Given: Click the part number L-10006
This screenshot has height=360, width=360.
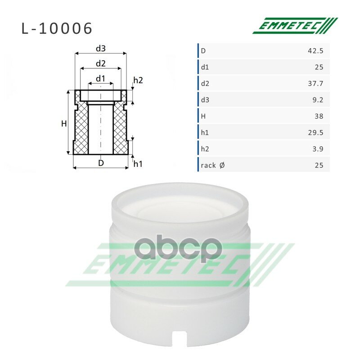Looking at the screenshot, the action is pyautogui.click(x=57, y=28).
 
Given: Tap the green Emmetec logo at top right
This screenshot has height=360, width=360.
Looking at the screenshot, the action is pyautogui.click(x=295, y=26).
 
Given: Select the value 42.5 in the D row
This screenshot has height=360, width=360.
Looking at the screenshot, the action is pyautogui.click(x=315, y=51).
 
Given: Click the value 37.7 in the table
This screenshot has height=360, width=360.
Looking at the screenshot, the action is pyautogui.click(x=315, y=84).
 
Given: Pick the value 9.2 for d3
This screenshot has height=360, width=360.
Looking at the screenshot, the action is pyautogui.click(x=318, y=100).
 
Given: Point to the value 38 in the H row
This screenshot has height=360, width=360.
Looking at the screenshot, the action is pyautogui.click(x=319, y=116).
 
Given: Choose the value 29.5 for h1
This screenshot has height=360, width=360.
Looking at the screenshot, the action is pyautogui.click(x=316, y=133).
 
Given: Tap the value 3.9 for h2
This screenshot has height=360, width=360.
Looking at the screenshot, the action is pyautogui.click(x=318, y=149).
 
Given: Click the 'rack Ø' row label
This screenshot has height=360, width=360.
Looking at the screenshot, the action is pyautogui.click(x=212, y=165).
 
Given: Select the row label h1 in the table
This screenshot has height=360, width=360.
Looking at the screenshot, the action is pyautogui.click(x=205, y=133).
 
